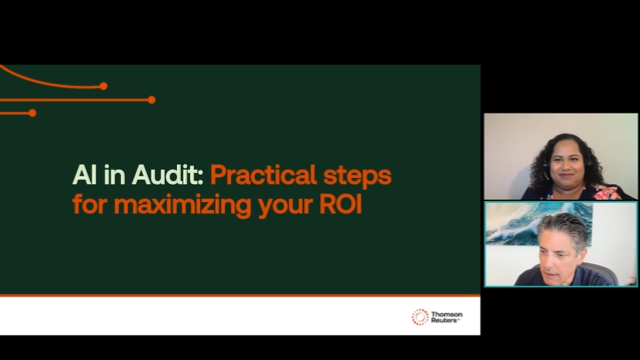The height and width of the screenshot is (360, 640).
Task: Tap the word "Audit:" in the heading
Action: tap(168, 175)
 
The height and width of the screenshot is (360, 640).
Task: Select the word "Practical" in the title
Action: tap(263, 175)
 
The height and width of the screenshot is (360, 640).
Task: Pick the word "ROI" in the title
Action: tap(341, 204)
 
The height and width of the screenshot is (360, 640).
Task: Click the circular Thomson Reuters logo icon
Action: tap(420, 317)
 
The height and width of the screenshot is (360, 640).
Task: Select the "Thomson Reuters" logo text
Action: tap(447, 317)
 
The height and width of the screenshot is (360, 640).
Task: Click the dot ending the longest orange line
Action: tap(152, 100)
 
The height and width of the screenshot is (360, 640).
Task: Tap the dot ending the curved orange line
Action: tap(103, 86)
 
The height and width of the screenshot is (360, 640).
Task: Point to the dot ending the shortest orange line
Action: tap(32, 113)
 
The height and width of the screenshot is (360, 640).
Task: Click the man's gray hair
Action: tap(563, 227)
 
